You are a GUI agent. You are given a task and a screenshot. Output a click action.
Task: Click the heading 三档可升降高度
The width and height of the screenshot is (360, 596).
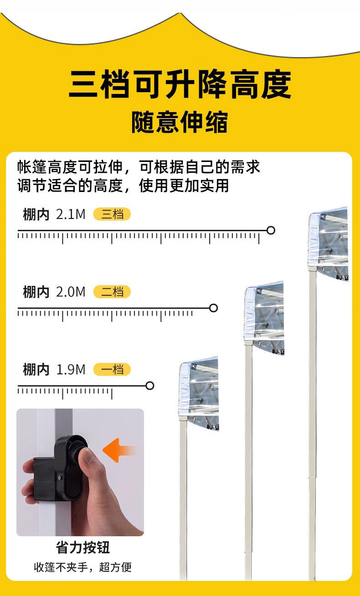[180, 85]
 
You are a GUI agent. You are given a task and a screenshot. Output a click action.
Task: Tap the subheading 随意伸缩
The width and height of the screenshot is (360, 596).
[180, 122]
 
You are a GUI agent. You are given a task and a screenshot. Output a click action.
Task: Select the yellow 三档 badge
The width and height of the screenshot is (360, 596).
[112, 214]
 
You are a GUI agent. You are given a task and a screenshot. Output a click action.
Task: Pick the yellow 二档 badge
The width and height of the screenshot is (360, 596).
[112, 292]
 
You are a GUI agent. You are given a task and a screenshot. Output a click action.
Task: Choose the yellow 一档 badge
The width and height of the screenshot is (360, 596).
[112, 369]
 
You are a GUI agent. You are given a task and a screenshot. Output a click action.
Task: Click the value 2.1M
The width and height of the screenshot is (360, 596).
[71, 214]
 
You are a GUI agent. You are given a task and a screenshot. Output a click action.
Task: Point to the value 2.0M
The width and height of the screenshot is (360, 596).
[71, 292]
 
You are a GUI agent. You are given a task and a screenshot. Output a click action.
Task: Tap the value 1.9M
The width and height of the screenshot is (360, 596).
[71, 369]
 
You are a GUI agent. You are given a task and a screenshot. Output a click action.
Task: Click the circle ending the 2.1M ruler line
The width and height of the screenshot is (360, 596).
[271, 230]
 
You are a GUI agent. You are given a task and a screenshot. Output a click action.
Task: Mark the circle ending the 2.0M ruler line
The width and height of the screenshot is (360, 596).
[213, 308]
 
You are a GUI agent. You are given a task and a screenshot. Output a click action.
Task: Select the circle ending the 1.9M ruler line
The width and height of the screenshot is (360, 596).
[150, 386]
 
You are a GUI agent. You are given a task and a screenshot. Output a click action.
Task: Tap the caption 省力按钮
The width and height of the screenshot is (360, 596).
[82, 547]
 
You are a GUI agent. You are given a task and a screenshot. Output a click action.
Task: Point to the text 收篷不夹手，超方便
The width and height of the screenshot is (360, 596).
[82, 567]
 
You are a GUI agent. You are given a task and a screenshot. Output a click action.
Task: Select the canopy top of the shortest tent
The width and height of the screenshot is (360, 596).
[199, 388]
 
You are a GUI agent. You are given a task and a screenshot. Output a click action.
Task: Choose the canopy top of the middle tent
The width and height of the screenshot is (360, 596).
[264, 315]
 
